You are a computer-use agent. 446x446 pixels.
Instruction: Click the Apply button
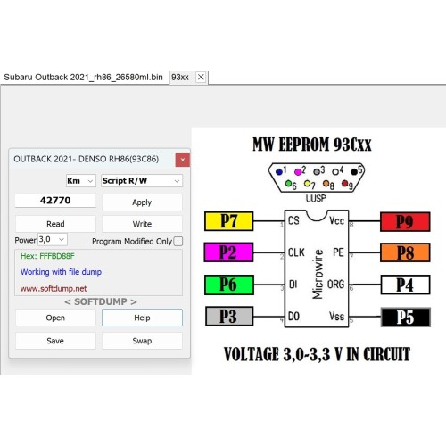point(142,202)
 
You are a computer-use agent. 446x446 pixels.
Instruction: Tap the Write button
point(142,224)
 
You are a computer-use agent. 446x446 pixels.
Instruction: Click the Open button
point(55,318)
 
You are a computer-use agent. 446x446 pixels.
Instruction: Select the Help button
point(142,318)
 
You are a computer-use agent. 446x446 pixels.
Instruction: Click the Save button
point(55,341)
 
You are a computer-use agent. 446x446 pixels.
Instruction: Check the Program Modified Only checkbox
point(178,241)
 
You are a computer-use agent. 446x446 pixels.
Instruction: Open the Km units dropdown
point(81,180)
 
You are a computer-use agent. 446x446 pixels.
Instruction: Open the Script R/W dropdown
point(142,180)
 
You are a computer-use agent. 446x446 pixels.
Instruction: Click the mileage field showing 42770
point(55,201)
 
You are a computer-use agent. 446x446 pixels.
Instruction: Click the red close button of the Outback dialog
point(183,160)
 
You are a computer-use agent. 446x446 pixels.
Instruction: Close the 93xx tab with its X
point(201,77)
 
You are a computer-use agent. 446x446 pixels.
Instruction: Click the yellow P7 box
point(229,221)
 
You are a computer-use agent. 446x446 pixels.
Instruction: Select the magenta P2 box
point(228,252)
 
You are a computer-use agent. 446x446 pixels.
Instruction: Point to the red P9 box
point(405,222)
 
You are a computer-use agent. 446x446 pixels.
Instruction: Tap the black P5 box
point(406,318)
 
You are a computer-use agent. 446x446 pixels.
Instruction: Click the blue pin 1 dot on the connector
point(279,172)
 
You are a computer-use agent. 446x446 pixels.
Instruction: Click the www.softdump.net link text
point(54,289)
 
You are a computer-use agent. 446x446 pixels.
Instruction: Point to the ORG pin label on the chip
point(335,285)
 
